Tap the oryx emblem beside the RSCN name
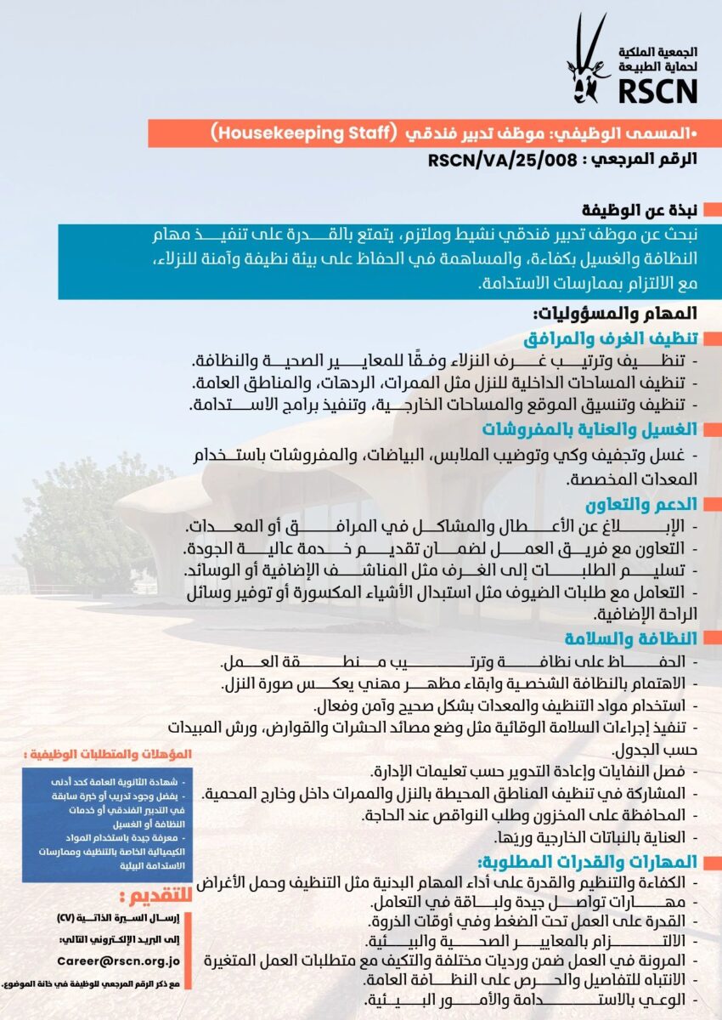(587, 59)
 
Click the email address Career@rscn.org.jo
(119, 960)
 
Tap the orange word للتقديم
(153, 896)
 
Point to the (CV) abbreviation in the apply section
(67, 919)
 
